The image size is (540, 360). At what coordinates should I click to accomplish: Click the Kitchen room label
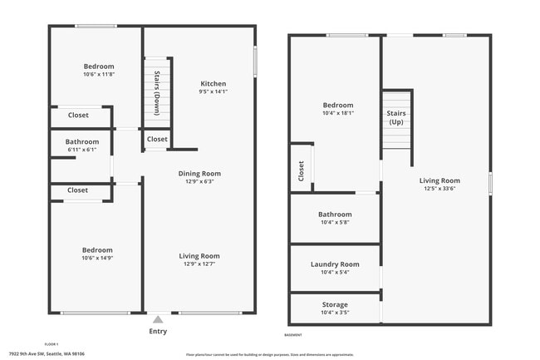click(x=213, y=84)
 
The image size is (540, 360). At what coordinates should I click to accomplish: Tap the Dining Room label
click(x=200, y=174)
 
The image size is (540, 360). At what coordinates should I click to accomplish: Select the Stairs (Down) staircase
click(x=156, y=91)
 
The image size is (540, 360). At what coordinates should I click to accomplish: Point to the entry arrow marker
click(x=158, y=318)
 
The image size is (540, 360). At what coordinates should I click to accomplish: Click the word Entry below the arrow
click(x=158, y=331)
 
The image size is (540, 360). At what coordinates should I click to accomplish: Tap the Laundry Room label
click(x=335, y=264)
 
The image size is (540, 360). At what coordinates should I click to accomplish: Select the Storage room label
click(x=335, y=304)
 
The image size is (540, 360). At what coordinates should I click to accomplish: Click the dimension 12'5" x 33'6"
click(x=439, y=189)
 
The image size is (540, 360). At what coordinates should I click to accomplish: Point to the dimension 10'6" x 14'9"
click(x=97, y=258)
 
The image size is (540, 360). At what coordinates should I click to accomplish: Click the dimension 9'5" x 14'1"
click(x=213, y=92)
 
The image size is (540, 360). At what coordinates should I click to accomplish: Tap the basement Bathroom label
click(x=335, y=214)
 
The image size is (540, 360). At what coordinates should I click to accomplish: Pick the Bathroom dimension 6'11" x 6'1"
click(x=82, y=150)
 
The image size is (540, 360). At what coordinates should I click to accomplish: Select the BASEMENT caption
click(x=293, y=335)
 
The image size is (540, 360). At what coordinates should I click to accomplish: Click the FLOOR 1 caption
click(x=52, y=343)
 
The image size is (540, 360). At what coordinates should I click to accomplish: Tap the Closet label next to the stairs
click(x=157, y=139)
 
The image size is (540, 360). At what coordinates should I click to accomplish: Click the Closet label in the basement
click(x=301, y=171)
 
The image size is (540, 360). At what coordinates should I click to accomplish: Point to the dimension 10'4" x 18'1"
click(x=338, y=113)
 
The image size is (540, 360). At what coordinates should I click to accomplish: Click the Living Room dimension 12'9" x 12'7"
click(x=200, y=264)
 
